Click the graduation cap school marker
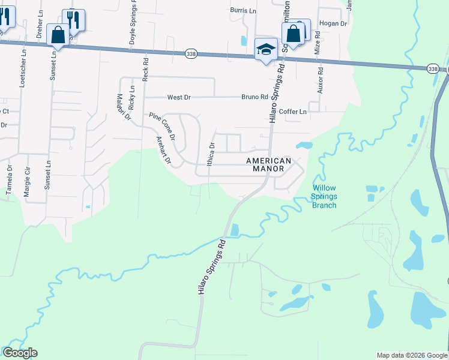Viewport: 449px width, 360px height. coord(265,49)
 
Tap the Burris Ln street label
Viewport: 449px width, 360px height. coord(243,10)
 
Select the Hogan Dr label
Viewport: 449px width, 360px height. coord(334,23)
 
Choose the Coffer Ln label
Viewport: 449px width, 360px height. coord(293,112)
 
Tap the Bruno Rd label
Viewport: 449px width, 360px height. coord(255,97)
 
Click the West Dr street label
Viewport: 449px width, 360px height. coord(178,97)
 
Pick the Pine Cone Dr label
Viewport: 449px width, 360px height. coord(162,126)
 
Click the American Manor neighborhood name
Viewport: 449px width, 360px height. coord(269,165)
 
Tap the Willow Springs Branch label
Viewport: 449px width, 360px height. coord(324,197)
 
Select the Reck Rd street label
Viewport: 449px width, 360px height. coord(145,70)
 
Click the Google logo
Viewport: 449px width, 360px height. coord(20,353)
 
